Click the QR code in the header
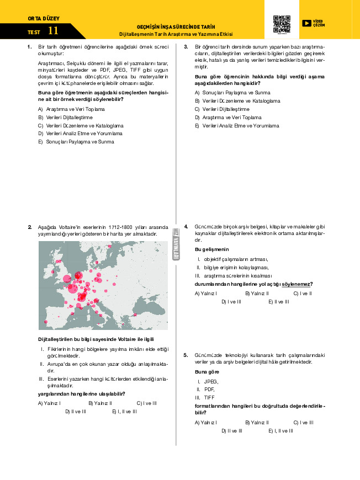(282, 23)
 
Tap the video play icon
(306, 23)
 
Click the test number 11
(53, 31)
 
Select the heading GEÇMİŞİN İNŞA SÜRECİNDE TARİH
(176, 26)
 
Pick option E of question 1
(76, 142)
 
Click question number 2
(29, 227)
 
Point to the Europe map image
(103, 285)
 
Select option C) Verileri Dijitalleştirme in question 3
(222, 109)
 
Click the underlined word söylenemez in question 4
(297, 284)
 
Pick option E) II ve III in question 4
(279, 302)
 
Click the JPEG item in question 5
(210, 381)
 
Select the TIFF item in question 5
(209, 397)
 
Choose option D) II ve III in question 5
(232, 431)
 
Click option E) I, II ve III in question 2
(124, 411)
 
